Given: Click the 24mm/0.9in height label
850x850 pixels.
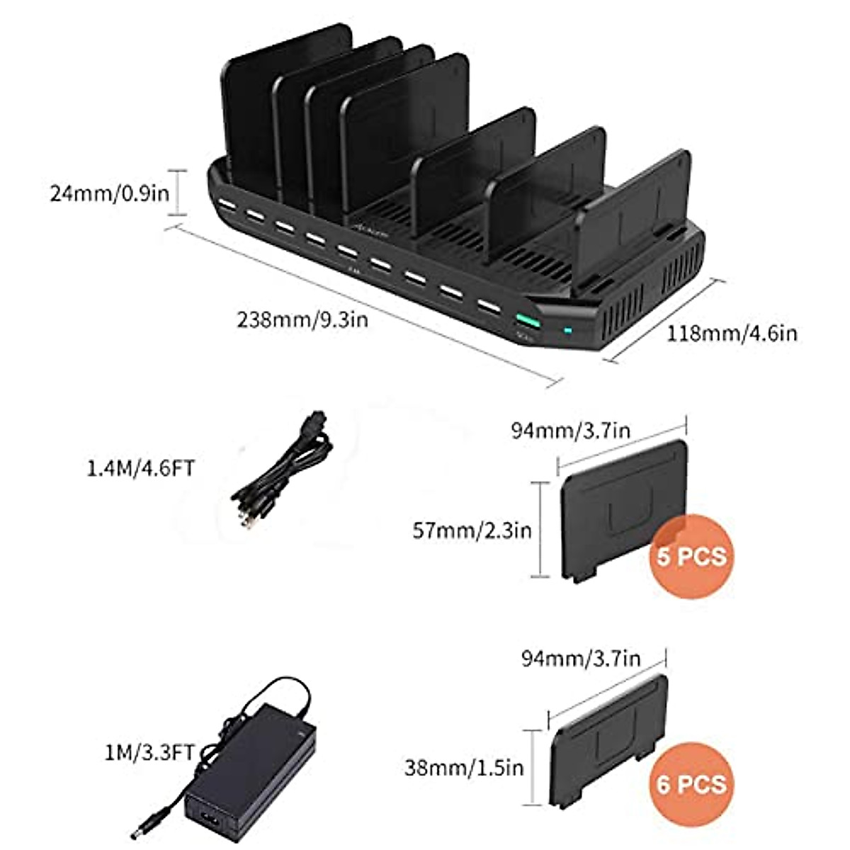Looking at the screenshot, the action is pos(109,193).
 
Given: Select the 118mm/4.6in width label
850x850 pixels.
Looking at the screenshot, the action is pos(732,332).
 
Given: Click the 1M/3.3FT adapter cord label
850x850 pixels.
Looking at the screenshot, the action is pos(148,752).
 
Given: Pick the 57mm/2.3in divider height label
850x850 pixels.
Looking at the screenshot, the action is pos(472,531).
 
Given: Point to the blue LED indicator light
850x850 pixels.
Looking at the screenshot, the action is pos(567,330).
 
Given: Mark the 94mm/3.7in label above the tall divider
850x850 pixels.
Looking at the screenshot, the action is pos(570,430).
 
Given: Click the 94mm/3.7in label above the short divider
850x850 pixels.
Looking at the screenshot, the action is pos(581,659).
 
